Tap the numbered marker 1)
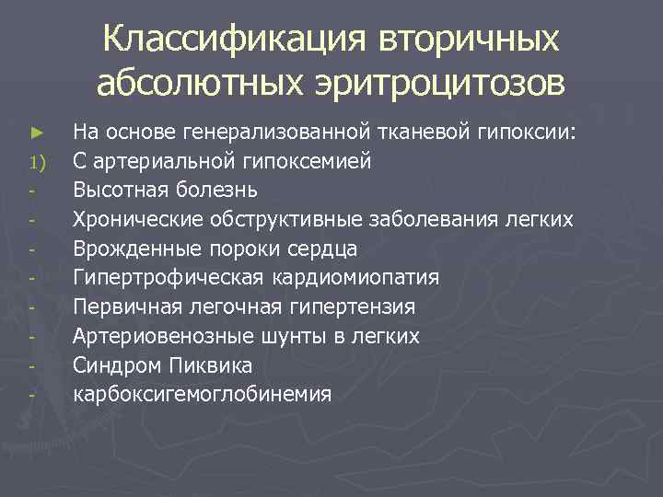36,162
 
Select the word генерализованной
271,132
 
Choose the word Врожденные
127,248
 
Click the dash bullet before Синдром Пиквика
31,367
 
